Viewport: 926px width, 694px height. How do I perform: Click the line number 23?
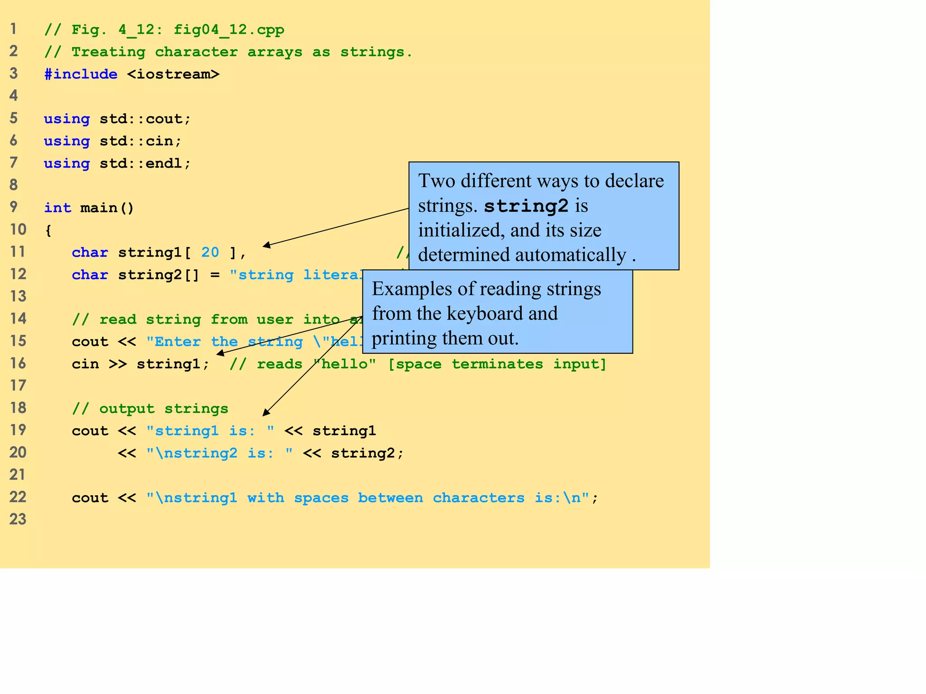(18, 519)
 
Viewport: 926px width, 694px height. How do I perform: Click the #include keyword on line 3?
(80, 74)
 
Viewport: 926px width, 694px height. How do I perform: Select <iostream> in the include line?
(173, 74)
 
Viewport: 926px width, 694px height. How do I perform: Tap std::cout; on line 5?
(146, 119)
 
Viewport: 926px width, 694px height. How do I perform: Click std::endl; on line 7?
(146, 163)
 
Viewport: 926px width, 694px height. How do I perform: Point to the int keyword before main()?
(57, 208)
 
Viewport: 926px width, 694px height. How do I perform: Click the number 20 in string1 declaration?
(210, 252)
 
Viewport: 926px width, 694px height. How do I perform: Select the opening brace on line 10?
(48, 230)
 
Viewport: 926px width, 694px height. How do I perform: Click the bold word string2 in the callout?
(526, 206)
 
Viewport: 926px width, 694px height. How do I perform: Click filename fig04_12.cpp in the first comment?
(229, 30)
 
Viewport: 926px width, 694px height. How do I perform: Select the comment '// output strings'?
(150, 408)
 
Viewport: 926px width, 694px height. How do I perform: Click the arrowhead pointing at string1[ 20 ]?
(266, 245)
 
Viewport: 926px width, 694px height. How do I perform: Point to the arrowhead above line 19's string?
(265, 413)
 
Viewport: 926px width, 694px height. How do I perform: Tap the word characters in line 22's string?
(478, 498)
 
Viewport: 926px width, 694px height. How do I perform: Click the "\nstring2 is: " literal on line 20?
(219, 453)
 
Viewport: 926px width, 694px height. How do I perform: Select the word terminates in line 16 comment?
(497, 364)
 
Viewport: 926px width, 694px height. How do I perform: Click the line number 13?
(18, 296)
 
